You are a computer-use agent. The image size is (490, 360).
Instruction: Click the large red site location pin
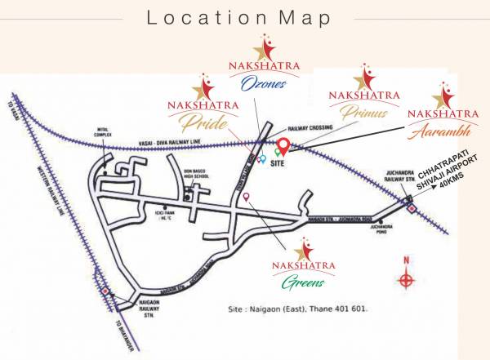point(283,146)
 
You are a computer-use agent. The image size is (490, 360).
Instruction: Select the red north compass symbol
point(406,279)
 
